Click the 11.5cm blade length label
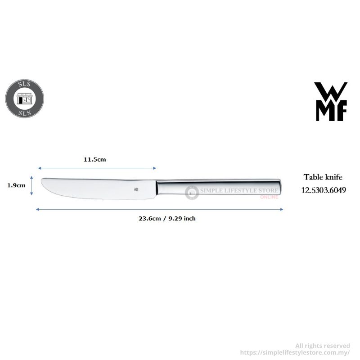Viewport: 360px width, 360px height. pos(94,160)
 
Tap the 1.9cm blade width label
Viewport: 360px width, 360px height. pos(16,185)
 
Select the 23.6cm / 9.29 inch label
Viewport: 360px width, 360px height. pos(166,218)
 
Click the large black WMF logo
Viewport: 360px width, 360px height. pos(331,101)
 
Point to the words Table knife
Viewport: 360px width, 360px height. pos(323,177)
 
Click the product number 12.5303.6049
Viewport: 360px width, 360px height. pos(324,190)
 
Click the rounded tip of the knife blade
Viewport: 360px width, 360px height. pos(43,183)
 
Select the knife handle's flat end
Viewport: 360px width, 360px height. pos(282,186)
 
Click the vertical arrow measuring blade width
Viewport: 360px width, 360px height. pos(31,185)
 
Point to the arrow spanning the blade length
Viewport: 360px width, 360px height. pos(97,168)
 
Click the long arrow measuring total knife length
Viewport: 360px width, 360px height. pos(159,209)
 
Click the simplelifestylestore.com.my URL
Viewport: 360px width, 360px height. pos(295,352)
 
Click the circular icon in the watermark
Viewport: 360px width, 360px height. pos(192,193)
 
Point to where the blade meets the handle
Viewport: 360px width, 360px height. pos(156,188)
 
